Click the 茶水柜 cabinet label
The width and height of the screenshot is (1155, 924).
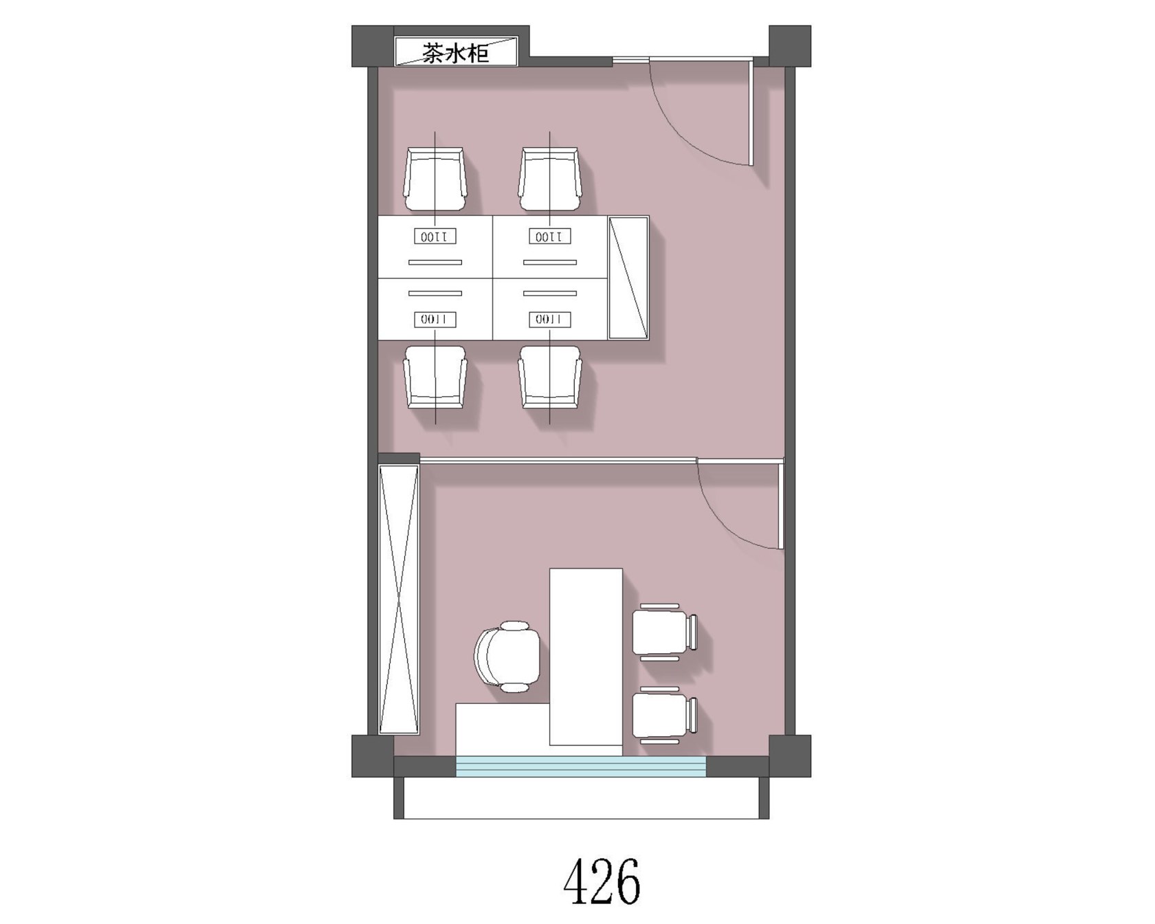(x=455, y=53)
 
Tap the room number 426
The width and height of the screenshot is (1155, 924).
(x=602, y=880)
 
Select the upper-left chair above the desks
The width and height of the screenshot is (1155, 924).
(x=435, y=179)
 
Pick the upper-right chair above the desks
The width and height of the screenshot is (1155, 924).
(x=550, y=179)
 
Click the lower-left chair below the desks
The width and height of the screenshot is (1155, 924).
(x=435, y=377)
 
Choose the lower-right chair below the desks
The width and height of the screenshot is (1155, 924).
(x=550, y=377)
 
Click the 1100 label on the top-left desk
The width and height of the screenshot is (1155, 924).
(x=435, y=237)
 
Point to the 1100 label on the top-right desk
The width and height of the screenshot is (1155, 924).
(x=550, y=237)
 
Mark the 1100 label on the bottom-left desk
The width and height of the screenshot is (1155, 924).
(x=435, y=320)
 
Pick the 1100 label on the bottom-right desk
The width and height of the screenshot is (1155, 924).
(x=550, y=320)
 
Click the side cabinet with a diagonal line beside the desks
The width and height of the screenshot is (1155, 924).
(x=629, y=278)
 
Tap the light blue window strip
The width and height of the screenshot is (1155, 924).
(x=582, y=767)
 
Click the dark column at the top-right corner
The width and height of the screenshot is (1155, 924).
(x=790, y=46)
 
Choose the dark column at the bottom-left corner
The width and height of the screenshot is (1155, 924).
(x=373, y=756)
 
